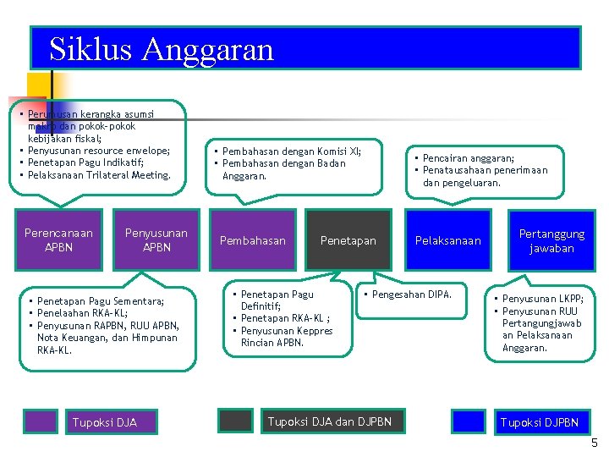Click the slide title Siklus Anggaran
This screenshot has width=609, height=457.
(x=162, y=49)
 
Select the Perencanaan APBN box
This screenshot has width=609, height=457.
(x=58, y=240)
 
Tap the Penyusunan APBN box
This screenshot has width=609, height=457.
(x=156, y=240)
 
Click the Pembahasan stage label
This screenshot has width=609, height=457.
(x=253, y=241)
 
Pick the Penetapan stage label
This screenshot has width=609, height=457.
(x=348, y=241)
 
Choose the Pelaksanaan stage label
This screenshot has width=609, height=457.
(x=447, y=241)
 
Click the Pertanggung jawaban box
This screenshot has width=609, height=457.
(x=551, y=241)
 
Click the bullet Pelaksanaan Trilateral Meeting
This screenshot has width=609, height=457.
(x=98, y=175)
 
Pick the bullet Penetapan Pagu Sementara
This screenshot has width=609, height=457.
(x=101, y=301)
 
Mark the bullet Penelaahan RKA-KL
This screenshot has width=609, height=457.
(x=82, y=313)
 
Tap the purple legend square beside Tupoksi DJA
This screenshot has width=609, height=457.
(x=40, y=421)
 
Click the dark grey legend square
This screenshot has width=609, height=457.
(x=235, y=421)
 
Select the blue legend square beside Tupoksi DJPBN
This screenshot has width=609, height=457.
(x=468, y=421)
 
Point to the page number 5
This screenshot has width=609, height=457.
(x=595, y=443)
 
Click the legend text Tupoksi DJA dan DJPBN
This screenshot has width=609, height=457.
(x=329, y=421)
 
